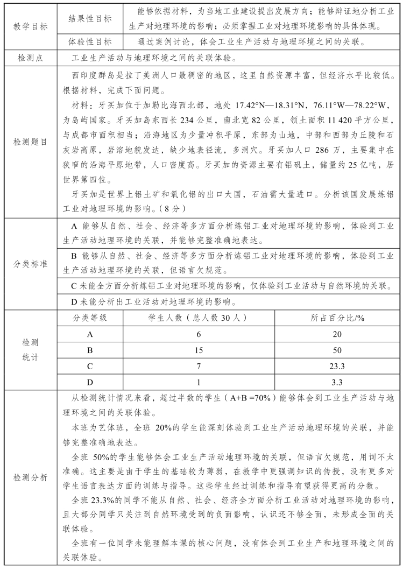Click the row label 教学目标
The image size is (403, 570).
pyautogui.click(x=31, y=26)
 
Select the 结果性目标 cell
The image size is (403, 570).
pyautogui.click(x=90, y=19)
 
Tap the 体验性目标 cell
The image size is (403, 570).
pyautogui.click(x=90, y=41)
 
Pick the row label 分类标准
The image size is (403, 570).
pyautogui.click(x=31, y=264)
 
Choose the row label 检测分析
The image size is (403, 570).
pyautogui.click(x=31, y=477)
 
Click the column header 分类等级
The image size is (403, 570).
pyautogui.click(x=90, y=318)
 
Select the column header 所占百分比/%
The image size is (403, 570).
pyautogui.click(x=337, y=318)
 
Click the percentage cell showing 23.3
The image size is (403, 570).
pyautogui.click(x=337, y=367)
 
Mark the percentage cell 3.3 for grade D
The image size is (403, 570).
pyautogui.click(x=337, y=383)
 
